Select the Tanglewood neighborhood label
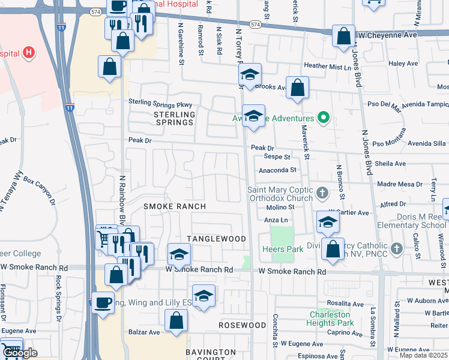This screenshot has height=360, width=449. (x=216, y=239)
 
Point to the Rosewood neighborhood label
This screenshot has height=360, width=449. (x=242, y=325)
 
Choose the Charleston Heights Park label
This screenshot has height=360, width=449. (x=332, y=319)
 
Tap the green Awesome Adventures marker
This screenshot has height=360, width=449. (x=324, y=118)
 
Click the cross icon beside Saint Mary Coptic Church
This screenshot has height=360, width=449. (x=322, y=193)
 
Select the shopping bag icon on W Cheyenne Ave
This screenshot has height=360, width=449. (x=343, y=36)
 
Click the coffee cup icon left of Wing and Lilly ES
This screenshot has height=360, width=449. (x=102, y=302)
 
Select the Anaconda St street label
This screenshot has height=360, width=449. (x=277, y=170)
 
